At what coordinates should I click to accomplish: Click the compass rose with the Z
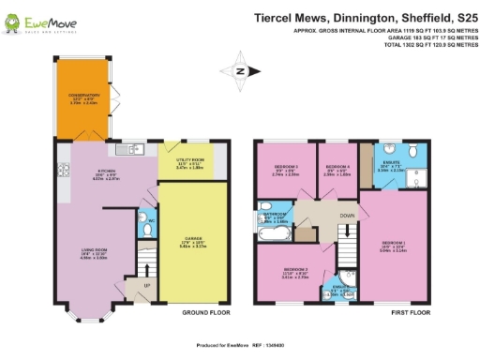click(x=240, y=70)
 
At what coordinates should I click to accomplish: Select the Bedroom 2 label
click(x=284, y=171)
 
